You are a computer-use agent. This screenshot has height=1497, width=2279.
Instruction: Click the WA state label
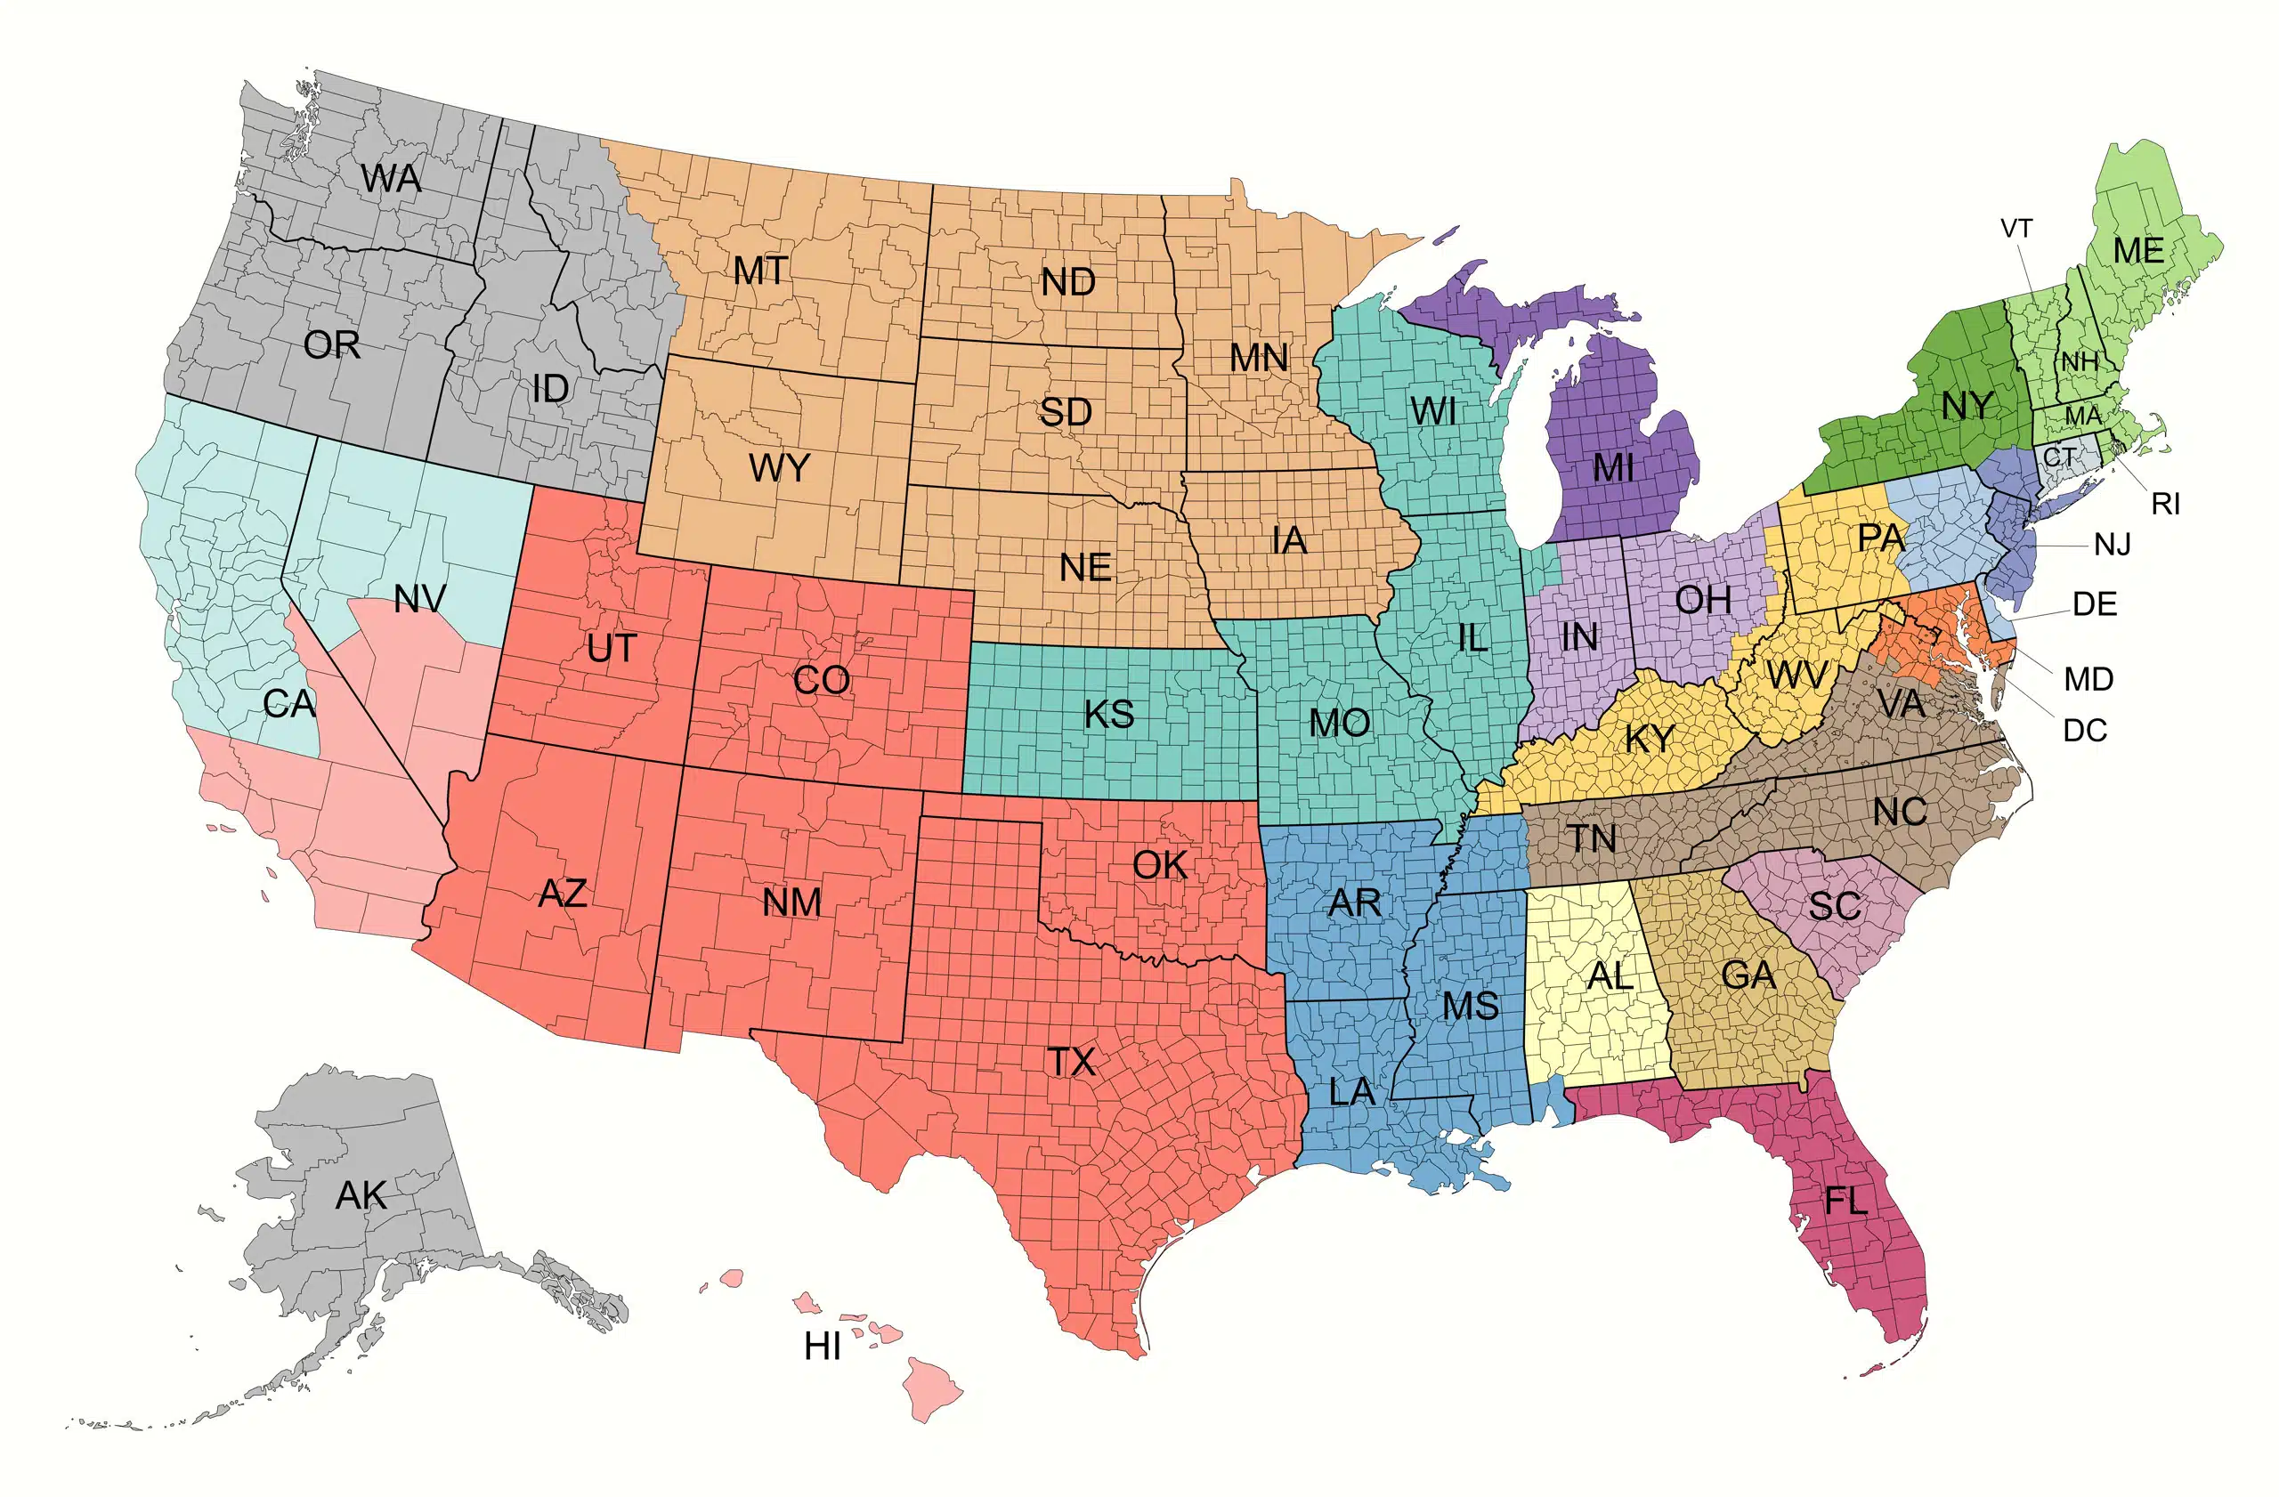pyautogui.click(x=391, y=179)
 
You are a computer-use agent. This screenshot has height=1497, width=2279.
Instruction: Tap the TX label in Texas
pyautogui.click(x=1071, y=1062)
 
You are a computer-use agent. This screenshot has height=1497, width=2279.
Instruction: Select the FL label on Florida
pyautogui.click(x=1845, y=1201)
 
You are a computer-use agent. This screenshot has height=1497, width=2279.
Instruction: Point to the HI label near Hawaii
pyautogui.click(x=822, y=1347)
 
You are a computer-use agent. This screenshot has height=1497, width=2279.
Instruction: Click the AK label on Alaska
pyautogui.click(x=361, y=1195)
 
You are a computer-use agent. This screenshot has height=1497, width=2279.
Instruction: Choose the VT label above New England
pyautogui.click(x=2015, y=229)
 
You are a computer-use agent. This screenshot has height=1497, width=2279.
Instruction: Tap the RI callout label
pyautogui.click(x=2165, y=504)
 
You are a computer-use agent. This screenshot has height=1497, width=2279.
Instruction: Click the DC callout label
pyautogui.click(x=2085, y=731)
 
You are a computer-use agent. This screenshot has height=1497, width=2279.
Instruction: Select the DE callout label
pyautogui.click(x=2094, y=604)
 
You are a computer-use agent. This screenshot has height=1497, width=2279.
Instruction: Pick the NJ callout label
pyautogui.click(x=2113, y=545)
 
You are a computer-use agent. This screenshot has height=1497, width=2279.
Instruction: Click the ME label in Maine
pyautogui.click(x=2138, y=251)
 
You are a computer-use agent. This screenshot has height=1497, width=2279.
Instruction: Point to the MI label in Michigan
pyautogui.click(x=1612, y=468)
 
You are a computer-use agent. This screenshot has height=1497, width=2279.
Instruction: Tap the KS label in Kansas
pyautogui.click(x=1109, y=714)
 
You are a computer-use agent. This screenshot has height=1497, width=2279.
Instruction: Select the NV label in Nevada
pyautogui.click(x=419, y=599)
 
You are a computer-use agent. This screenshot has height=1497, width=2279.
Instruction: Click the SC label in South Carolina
pyautogui.click(x=1834, y=905)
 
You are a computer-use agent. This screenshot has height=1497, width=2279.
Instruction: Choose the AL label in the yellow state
pyautogui.click(x=1610, y=976)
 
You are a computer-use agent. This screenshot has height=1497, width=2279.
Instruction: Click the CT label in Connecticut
pyautogui.click(x=2060, y=457)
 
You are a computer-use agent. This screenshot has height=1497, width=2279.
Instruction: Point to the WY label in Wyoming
pyautogui.click(x=778, y=469)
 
